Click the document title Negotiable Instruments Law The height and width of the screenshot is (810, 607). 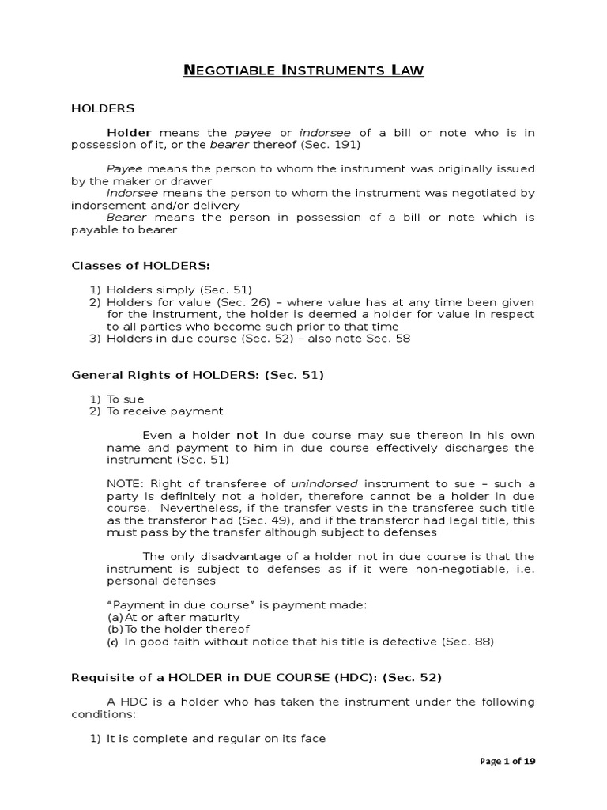pos(303,71)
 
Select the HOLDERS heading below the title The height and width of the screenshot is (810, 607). pos(104,108)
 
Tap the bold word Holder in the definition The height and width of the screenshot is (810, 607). pos(129,132)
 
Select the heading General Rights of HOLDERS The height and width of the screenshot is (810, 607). pos(198,375)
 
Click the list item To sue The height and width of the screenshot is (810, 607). pos(126,399)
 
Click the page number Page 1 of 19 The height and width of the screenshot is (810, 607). pos(508,762)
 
